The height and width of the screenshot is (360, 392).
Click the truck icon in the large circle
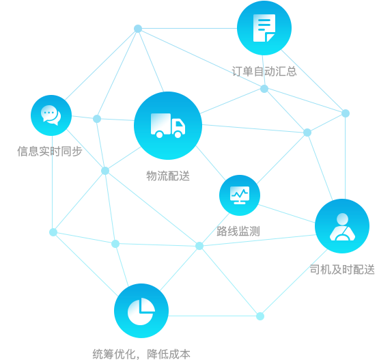(x=168, y=126)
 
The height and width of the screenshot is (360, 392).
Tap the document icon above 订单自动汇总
(x=264, y=28)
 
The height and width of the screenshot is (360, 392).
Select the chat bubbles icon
(x=51, y=115)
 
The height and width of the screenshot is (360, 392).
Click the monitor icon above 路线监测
(x=240, y=195)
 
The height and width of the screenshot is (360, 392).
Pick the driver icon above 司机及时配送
(x=342, y=227)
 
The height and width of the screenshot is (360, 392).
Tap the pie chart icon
(x=141, y=311)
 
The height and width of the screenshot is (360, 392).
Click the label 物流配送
(x=168, y=176)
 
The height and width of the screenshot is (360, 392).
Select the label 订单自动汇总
(x=264, y=71)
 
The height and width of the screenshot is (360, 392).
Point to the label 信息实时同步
(x=49, y=151)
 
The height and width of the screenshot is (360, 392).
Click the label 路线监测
(x=238, y=231)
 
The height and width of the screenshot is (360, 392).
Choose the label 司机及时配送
(x=342, y=270)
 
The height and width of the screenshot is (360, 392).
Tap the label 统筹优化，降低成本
(x=141, y=354)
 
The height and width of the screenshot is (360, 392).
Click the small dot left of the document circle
(x=138, y=29)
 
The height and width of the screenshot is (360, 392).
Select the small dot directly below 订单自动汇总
(x=264, y=89)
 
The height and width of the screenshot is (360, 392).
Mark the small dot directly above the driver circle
(x=346, y=113)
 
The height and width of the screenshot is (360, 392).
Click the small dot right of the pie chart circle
(x=260, y=316)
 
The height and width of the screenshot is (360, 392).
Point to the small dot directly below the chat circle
(x=53, y=232)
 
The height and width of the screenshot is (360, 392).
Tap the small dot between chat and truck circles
(x=97, y=119)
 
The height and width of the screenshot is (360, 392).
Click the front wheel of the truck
(x=178, y=135)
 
